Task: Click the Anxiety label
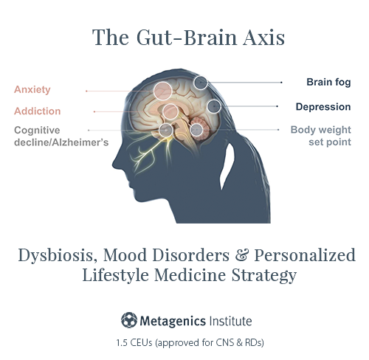(32, 90)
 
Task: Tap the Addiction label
(38, 111)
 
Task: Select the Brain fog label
(328, 82)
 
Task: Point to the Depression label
(323, 107)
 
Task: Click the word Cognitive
(37, 131)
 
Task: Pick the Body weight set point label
(321, 136)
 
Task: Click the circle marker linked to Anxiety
(162, 91)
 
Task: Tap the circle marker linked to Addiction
(170, 111)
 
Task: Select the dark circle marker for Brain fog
(201, 83)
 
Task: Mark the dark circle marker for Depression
(214, 106)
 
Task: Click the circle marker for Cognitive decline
(165, 130)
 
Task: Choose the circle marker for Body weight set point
(197, 130)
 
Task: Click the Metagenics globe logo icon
(129, 320)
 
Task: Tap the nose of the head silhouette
(114, 165)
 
